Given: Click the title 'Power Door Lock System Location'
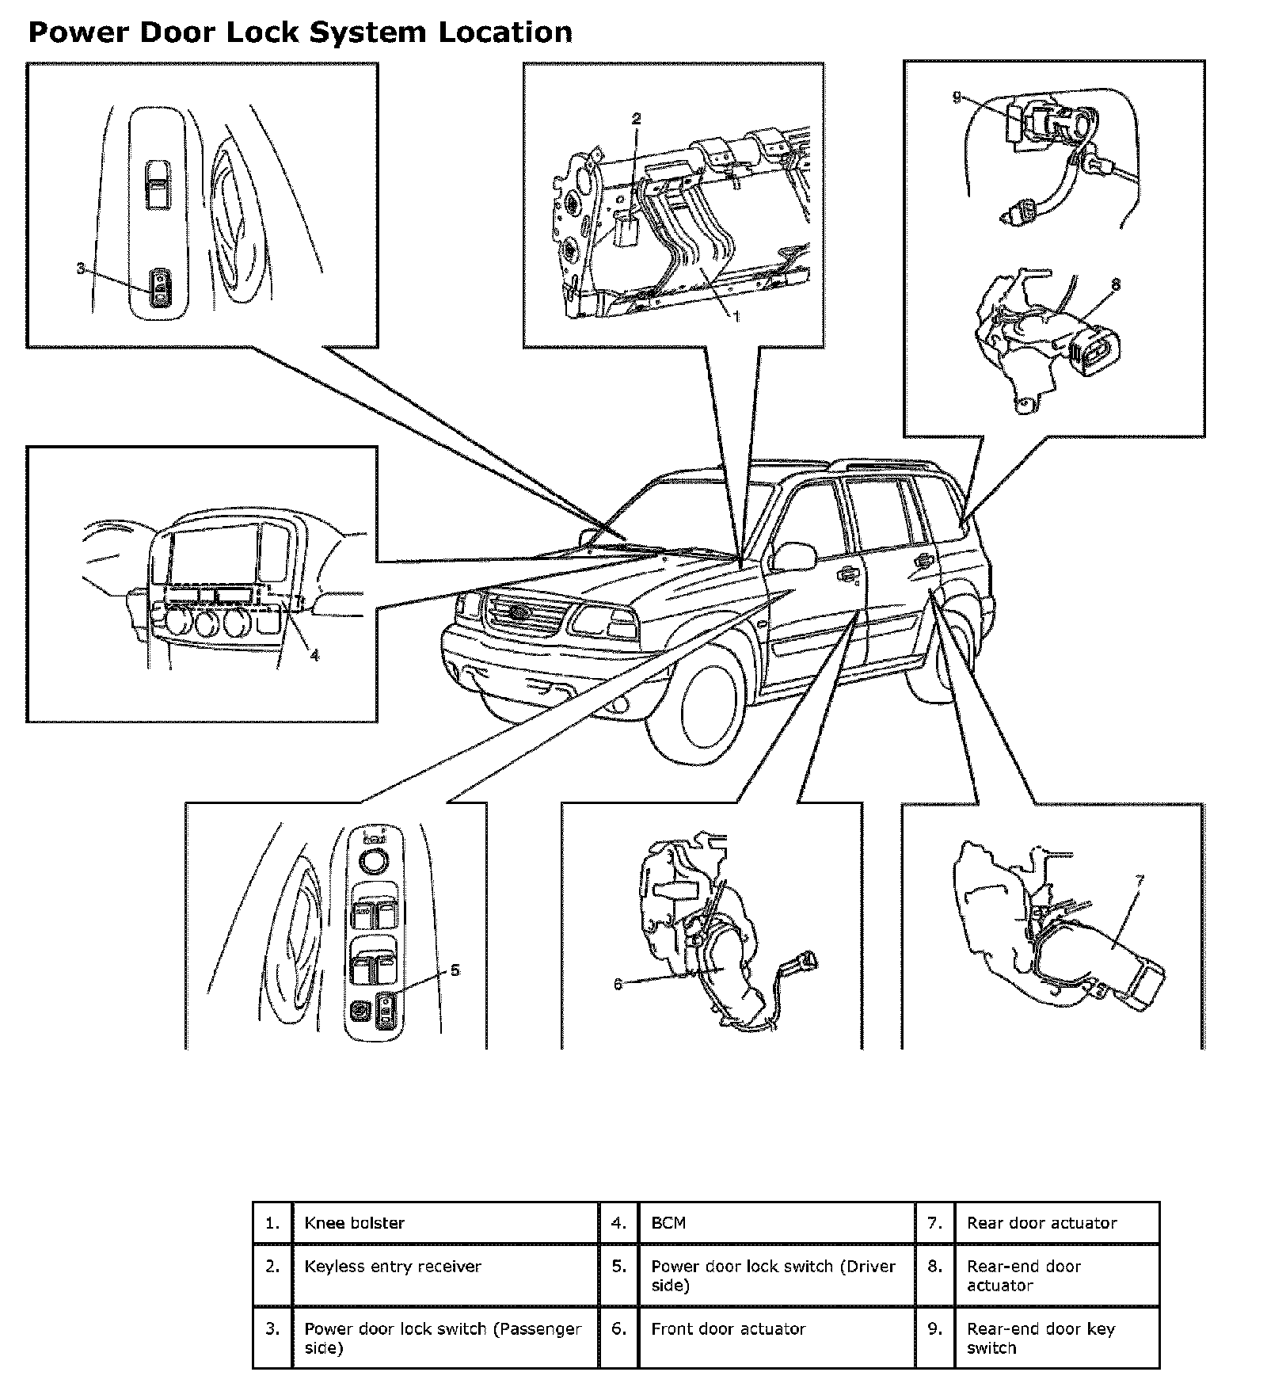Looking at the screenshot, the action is click(300, 32).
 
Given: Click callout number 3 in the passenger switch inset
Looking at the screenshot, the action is click(80, 269).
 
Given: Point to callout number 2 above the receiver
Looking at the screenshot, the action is click(636, 119).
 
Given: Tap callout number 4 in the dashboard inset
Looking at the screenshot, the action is click(314, 655).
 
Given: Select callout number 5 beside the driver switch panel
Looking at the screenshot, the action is click(455, 970).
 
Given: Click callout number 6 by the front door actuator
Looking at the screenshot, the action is click(618, 985).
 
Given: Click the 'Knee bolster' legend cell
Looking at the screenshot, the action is click(446, 1222).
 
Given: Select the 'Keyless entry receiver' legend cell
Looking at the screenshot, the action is click(446, 1275).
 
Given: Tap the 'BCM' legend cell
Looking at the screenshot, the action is click(777, 1222).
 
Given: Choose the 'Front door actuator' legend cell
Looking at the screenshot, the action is click(777, 1338).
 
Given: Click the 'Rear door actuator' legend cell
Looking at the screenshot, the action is click(1057, 1222).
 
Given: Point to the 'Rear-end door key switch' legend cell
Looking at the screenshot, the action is click(1057, 1338).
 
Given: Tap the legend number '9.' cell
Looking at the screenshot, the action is click(935, 1338).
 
